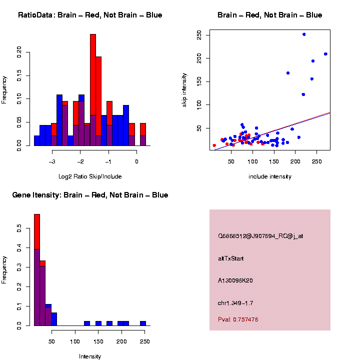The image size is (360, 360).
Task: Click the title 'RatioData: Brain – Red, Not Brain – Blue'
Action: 90,15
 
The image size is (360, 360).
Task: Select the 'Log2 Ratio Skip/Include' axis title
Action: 90,176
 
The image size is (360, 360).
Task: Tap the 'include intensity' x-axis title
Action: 270,176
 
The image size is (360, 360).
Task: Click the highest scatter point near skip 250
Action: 304,34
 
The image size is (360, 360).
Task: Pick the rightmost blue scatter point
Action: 325,54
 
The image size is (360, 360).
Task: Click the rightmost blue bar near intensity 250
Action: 143,323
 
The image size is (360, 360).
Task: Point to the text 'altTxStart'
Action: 231,258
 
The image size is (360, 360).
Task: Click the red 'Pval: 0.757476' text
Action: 238,319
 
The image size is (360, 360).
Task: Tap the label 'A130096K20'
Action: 235,280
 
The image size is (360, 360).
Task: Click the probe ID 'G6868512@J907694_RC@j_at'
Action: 260,236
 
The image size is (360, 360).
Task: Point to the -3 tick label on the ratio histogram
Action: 52,161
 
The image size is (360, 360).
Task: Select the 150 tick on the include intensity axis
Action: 273,161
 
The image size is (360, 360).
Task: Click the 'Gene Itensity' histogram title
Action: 90,195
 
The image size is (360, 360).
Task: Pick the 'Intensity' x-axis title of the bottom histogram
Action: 90,356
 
